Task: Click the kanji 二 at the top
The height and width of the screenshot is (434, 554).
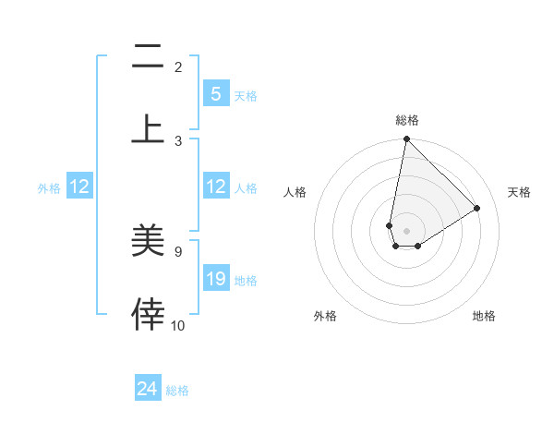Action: tap(148, 57)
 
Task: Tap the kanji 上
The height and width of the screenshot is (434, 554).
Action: tap(148, 128)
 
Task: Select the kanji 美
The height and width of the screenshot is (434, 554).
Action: tap(148, 241)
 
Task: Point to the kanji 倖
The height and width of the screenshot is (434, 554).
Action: tap(148, 314)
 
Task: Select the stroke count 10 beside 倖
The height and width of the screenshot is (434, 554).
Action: tap(177, 325)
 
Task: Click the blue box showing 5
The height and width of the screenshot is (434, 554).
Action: tap(216, 93)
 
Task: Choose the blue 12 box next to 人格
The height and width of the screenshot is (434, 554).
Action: tap(216, 187)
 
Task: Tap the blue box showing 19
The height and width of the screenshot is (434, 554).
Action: tap(216, 279)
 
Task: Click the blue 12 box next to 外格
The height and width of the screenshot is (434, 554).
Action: tap(79, 187)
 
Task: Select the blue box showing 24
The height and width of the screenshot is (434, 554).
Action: tap(148, 389)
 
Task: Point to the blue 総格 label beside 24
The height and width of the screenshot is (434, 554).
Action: tap(177, 391)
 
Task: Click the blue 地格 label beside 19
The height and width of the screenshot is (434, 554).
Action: tap(246, 280)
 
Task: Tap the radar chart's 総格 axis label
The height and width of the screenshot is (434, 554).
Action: tap(407, 120)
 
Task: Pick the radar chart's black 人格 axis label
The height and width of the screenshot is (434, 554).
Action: tap(295, 192)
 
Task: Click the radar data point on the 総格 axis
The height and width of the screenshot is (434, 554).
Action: tap(406, 139)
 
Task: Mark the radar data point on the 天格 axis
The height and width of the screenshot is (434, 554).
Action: tap(477, 208)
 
